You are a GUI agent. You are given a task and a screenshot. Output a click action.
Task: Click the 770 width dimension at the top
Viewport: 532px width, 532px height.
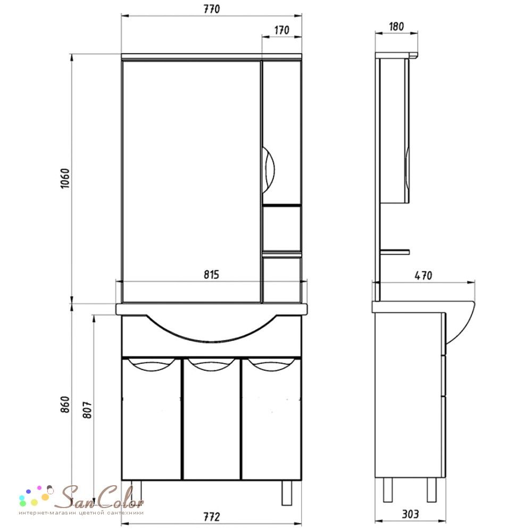tap(212, 9)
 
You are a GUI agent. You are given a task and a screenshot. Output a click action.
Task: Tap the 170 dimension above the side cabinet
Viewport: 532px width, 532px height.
tap(281, 30)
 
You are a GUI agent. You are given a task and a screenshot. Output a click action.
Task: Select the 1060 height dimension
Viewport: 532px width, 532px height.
tap(64, 178)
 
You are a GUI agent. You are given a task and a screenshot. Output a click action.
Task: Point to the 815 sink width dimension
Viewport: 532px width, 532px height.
tap(211, 275)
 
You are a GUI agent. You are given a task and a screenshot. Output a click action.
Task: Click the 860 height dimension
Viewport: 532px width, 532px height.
tap(65, 404)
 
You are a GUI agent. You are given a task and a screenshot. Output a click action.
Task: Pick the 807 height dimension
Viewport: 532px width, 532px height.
tap(88, 410)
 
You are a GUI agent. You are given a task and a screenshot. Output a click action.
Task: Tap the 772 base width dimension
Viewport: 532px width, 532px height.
tap(211, 517)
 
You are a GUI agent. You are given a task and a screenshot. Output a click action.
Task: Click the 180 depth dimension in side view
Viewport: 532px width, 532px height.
tap(396, 27)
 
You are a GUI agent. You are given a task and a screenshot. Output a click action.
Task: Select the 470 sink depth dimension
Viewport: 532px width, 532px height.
tap(423, 276)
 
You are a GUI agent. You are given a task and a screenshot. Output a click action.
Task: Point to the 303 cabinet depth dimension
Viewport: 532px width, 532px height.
tap(410, 514)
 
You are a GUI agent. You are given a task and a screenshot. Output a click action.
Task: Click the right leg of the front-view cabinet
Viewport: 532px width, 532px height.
tap(287, 493)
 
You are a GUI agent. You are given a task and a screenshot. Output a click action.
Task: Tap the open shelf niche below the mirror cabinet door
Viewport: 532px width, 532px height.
tap(281, 228)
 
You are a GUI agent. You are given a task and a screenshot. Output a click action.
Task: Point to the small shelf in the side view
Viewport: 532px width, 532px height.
tap(395, 252)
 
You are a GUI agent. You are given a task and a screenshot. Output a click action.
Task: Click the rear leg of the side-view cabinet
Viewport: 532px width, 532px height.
tap(387, 490)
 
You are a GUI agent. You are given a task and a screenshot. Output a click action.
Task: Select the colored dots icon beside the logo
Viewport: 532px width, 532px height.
tap(36, 496)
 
